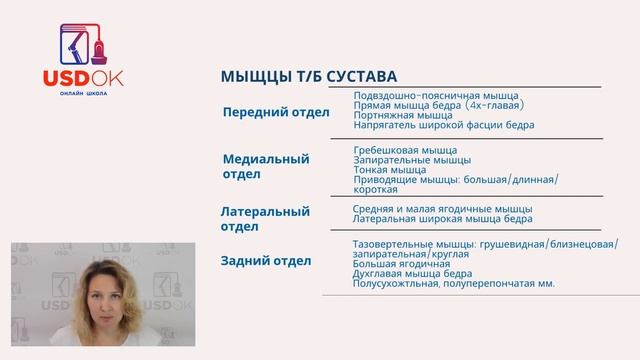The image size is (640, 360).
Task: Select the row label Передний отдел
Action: (275, 112)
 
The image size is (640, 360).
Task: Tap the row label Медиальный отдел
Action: (265, 166)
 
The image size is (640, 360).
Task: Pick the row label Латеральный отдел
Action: (265, 219)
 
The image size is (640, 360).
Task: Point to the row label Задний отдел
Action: (265, 261)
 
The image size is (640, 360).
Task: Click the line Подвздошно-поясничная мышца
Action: (436, 95)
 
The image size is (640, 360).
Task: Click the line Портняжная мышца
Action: (403, 115)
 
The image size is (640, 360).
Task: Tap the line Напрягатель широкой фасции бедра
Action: (444, 125)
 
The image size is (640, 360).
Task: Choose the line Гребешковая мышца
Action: (406, 149)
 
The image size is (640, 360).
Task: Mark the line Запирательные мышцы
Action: (412, 159)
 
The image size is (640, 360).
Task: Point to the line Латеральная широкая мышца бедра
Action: (443, 218)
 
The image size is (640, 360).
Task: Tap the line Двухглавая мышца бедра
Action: (418, 274)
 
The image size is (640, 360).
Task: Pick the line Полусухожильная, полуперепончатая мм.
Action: (454, 284)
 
